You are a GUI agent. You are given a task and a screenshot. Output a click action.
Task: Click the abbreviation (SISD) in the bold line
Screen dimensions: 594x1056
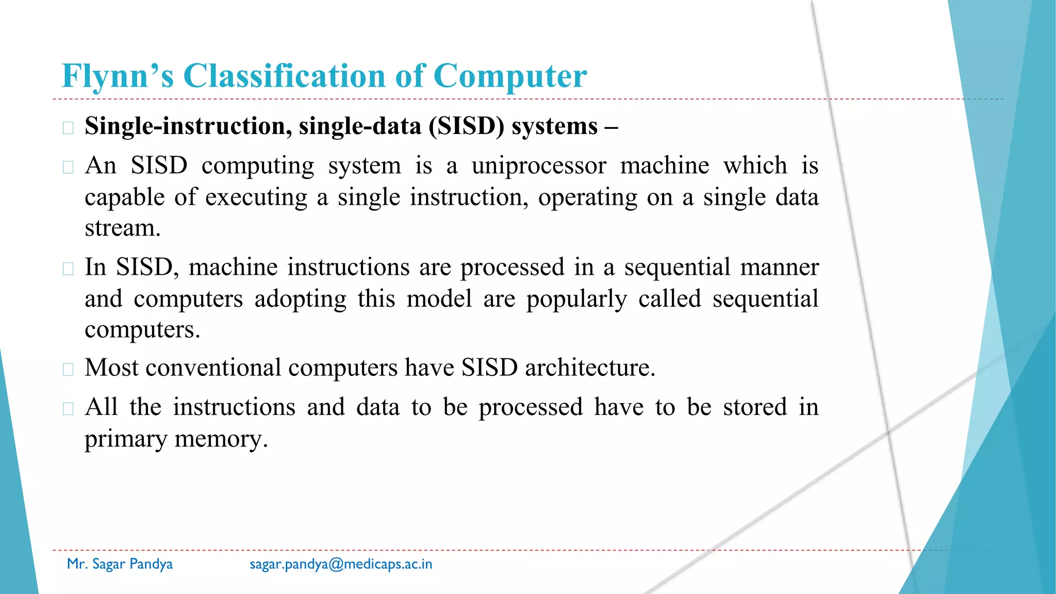click(466, 126)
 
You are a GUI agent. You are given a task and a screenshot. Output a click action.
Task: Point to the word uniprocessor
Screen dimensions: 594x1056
click(539, 166)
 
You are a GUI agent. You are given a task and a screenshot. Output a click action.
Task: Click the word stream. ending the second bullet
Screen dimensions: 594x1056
click(122, 228)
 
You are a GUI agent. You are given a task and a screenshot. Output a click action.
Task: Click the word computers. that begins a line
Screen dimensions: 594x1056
click(142, 330)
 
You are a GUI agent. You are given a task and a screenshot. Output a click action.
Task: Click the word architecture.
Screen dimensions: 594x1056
click(590, 368)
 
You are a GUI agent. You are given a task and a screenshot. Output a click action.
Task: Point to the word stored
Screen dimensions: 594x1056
click(755, 407)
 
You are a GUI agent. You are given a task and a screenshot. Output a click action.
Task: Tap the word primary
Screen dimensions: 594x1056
click(126, 439)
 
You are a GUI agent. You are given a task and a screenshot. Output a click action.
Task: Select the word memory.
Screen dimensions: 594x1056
click(221, 439)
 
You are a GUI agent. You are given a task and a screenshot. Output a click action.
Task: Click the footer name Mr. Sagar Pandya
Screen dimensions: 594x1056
click(120, 564)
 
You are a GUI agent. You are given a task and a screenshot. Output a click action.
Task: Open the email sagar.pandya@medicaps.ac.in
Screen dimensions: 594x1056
click(341, 564)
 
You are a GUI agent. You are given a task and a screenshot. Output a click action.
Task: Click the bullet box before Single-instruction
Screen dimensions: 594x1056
click(68, 128)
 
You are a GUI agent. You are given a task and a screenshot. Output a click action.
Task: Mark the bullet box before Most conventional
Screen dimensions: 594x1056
click(68, 370)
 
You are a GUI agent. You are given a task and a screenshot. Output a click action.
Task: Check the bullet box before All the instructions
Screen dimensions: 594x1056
click(68, 409)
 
